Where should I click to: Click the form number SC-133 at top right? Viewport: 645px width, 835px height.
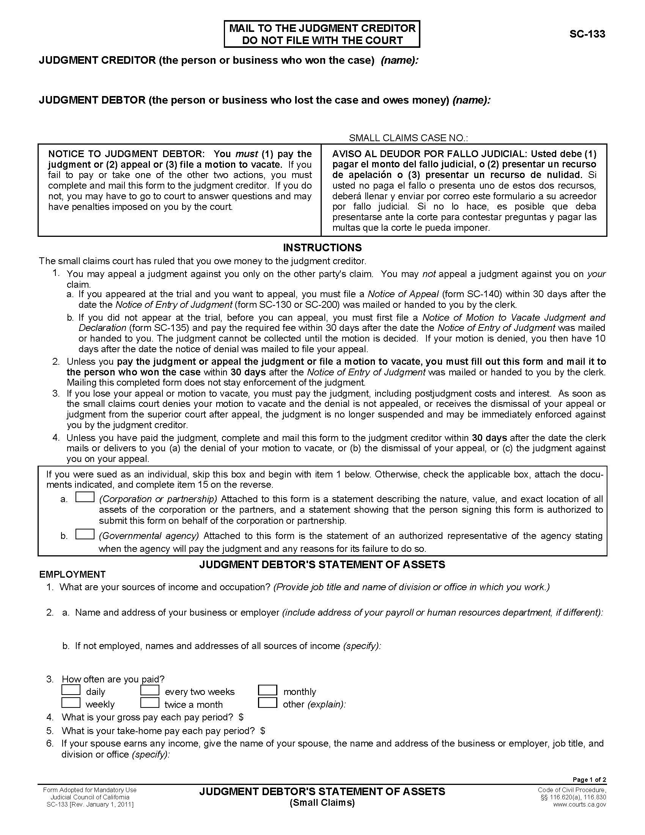(x=587, y=34)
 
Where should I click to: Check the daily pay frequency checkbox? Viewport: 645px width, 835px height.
(x=71, y=690)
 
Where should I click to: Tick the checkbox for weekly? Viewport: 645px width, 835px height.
(x=71, y=703)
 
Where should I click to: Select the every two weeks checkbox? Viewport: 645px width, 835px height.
(x=150, y=690)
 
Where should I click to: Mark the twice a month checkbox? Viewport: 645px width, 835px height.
(x=150, y=703)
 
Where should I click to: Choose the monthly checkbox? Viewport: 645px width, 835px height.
(x=267, y=690)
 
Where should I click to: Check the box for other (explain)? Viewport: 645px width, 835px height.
(x=267, y=703)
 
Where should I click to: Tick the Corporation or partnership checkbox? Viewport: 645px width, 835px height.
(x=85, y=497)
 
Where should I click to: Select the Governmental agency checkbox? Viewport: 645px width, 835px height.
(x=85, y=534)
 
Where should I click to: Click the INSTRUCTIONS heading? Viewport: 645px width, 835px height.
(x=322, y=248)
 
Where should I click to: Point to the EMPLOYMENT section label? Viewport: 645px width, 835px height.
(x=72, y=574)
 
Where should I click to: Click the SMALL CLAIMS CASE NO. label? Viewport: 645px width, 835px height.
(x=408, y=138)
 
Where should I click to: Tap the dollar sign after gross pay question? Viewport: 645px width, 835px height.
(x=241, y=717)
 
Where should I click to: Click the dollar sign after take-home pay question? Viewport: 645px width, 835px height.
(x=263, y=731)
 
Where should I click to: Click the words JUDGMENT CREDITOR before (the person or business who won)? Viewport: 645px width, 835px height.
(x=97, y=60)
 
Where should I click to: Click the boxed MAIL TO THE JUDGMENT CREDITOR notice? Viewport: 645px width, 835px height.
(x=322, y=34)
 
